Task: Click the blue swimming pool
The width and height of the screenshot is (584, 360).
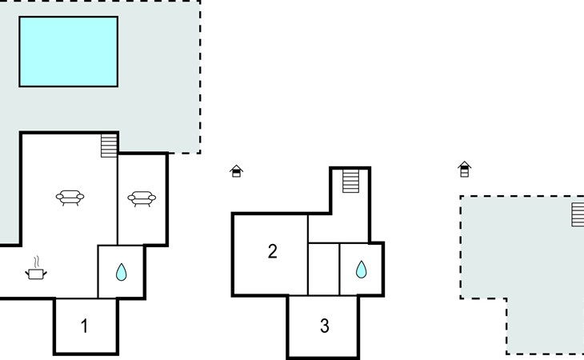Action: (69, 52)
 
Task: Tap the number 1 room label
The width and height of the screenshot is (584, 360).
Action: (85, 326)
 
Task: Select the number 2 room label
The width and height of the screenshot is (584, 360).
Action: (273, 251)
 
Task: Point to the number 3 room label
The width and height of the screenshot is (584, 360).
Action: (325, 326)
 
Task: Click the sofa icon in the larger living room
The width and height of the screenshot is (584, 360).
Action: (70, 198)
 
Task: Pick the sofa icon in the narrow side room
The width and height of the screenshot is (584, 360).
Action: (142, 199)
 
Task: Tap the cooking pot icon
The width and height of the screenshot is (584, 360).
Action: (36, 274)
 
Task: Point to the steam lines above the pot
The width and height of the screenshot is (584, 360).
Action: (36, 262)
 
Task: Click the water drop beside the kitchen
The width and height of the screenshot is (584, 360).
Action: (121, 272)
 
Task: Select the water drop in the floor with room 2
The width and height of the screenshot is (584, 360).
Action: (361, 270)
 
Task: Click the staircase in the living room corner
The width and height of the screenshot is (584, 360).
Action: (109, 146)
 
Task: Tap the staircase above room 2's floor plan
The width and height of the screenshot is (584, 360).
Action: (350, 181)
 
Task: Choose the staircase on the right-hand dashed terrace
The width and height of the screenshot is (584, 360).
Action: (578, 214)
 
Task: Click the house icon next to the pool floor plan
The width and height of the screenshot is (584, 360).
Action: (237, 171)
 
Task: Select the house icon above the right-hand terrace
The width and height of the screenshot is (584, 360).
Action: (465, 169)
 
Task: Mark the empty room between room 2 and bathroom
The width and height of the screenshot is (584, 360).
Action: (324, 269)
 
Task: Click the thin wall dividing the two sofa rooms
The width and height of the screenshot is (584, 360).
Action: (118, 199)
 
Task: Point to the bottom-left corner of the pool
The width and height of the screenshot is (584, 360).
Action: (19, 86)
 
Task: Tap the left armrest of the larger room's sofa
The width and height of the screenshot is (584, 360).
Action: (59, 196)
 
